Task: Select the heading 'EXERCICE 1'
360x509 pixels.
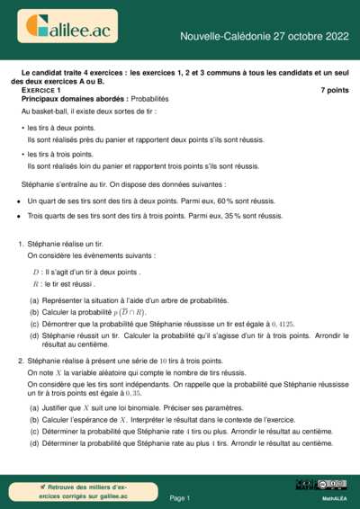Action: tap(41, 91)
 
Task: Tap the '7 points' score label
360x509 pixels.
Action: tap(334, 91)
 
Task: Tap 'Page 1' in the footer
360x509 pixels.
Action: tap(180, 497)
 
